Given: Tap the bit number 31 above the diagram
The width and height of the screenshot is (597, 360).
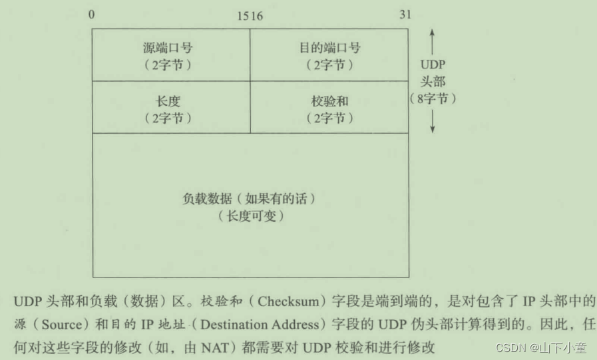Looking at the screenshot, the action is (x=405, y=15).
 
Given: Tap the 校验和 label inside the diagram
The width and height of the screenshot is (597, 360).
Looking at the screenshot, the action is (x=329, y=102).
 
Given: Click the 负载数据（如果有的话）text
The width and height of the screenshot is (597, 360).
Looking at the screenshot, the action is (x=248, y=199).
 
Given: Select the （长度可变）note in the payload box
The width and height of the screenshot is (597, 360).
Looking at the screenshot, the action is (x=248, y=216).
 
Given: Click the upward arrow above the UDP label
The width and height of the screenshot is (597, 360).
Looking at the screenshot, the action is (x=433, y=41).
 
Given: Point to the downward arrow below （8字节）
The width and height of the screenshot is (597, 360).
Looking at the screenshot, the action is (x=433, y=122).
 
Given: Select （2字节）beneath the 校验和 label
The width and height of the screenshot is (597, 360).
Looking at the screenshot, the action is (x=329, y=118).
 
